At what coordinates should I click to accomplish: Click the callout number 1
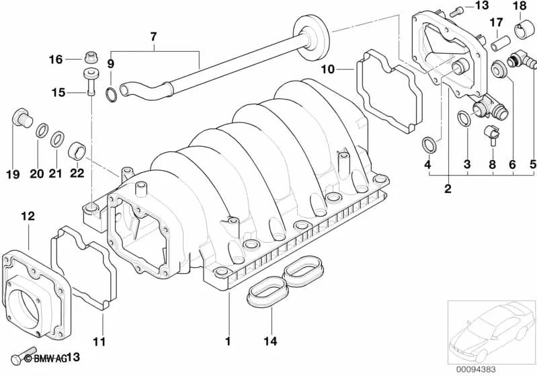point(227,341)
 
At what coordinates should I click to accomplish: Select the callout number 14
point(270,341)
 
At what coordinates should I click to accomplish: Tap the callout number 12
point(27,216)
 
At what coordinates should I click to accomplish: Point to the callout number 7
point(153,34)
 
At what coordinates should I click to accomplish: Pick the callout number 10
point(327,69)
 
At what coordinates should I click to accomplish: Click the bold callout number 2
point(447,188)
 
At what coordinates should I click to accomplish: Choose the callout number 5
point(533,163)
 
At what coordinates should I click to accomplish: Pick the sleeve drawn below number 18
point(522,29)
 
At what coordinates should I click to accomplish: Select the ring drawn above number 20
point(42,129)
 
